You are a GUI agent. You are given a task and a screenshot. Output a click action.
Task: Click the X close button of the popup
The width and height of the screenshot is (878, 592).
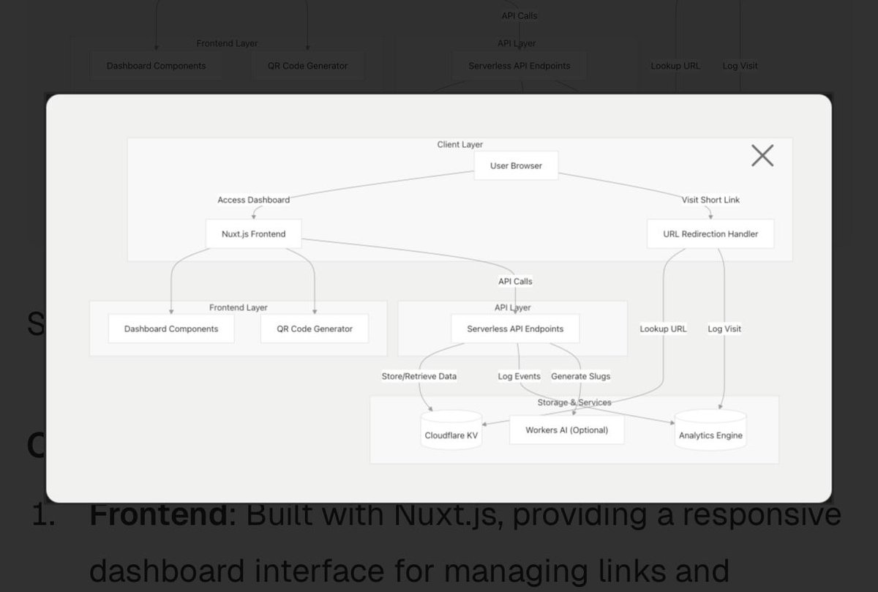[762, 155]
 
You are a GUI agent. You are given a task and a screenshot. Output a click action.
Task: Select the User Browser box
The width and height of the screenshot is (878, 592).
[516, 165]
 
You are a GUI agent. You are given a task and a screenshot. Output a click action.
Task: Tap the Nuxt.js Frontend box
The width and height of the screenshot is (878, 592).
[254, 234]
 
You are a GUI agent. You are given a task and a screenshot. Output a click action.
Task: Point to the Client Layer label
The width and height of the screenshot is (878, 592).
[459, 145]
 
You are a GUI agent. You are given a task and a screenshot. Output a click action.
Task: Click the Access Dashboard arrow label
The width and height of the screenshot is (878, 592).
[253, 200]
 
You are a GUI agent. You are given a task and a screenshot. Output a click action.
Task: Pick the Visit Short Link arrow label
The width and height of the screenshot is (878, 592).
[710, 200]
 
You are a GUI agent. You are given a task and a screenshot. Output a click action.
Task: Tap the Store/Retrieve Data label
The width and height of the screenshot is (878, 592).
[419, 376]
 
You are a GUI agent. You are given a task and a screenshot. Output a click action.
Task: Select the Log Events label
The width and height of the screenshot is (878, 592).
[519, 376]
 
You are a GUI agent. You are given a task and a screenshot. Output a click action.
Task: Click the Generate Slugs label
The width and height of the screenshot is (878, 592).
[580, 376]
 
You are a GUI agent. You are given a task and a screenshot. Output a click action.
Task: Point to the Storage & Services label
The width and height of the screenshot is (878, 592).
[574, 402]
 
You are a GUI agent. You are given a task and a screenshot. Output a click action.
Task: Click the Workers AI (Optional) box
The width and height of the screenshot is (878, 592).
[566, 430]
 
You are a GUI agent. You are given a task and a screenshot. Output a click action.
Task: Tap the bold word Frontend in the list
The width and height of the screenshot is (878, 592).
[159, 515]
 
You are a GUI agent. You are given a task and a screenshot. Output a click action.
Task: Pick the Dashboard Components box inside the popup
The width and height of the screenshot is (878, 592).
[171, 329]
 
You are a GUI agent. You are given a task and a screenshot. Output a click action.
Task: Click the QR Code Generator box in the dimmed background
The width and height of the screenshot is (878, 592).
[307, 66]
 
